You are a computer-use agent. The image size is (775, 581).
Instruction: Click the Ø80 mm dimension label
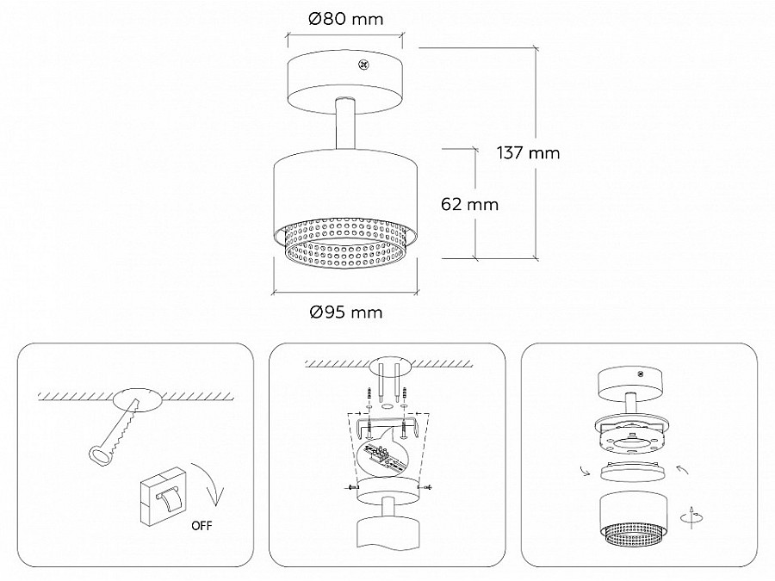click(x=345, y=19)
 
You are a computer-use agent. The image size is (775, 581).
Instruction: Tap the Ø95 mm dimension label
click(x=346, y=312)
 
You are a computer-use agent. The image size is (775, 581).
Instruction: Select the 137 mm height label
click(x=529, y=152)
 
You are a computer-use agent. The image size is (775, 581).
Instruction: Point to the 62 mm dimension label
click(x=469, y=204)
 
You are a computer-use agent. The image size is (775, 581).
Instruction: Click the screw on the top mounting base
click(x=364, y=65)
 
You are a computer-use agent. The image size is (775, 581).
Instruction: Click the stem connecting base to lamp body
click(x=345, y=123)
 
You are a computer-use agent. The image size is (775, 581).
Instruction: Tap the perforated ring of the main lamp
click(x=345, y=245)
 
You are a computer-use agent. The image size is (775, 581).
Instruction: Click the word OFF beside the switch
click(x=201, y=526)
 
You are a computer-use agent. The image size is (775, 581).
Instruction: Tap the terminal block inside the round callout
click(x=380, y=453)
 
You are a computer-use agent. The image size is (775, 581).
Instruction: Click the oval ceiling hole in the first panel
click(x=138, y=399)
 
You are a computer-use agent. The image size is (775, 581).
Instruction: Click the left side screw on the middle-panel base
click(x=350, y=488)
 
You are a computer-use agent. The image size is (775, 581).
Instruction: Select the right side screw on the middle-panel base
click(x=426, y=488)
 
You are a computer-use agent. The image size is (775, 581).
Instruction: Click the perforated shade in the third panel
click(x=633, y=520)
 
